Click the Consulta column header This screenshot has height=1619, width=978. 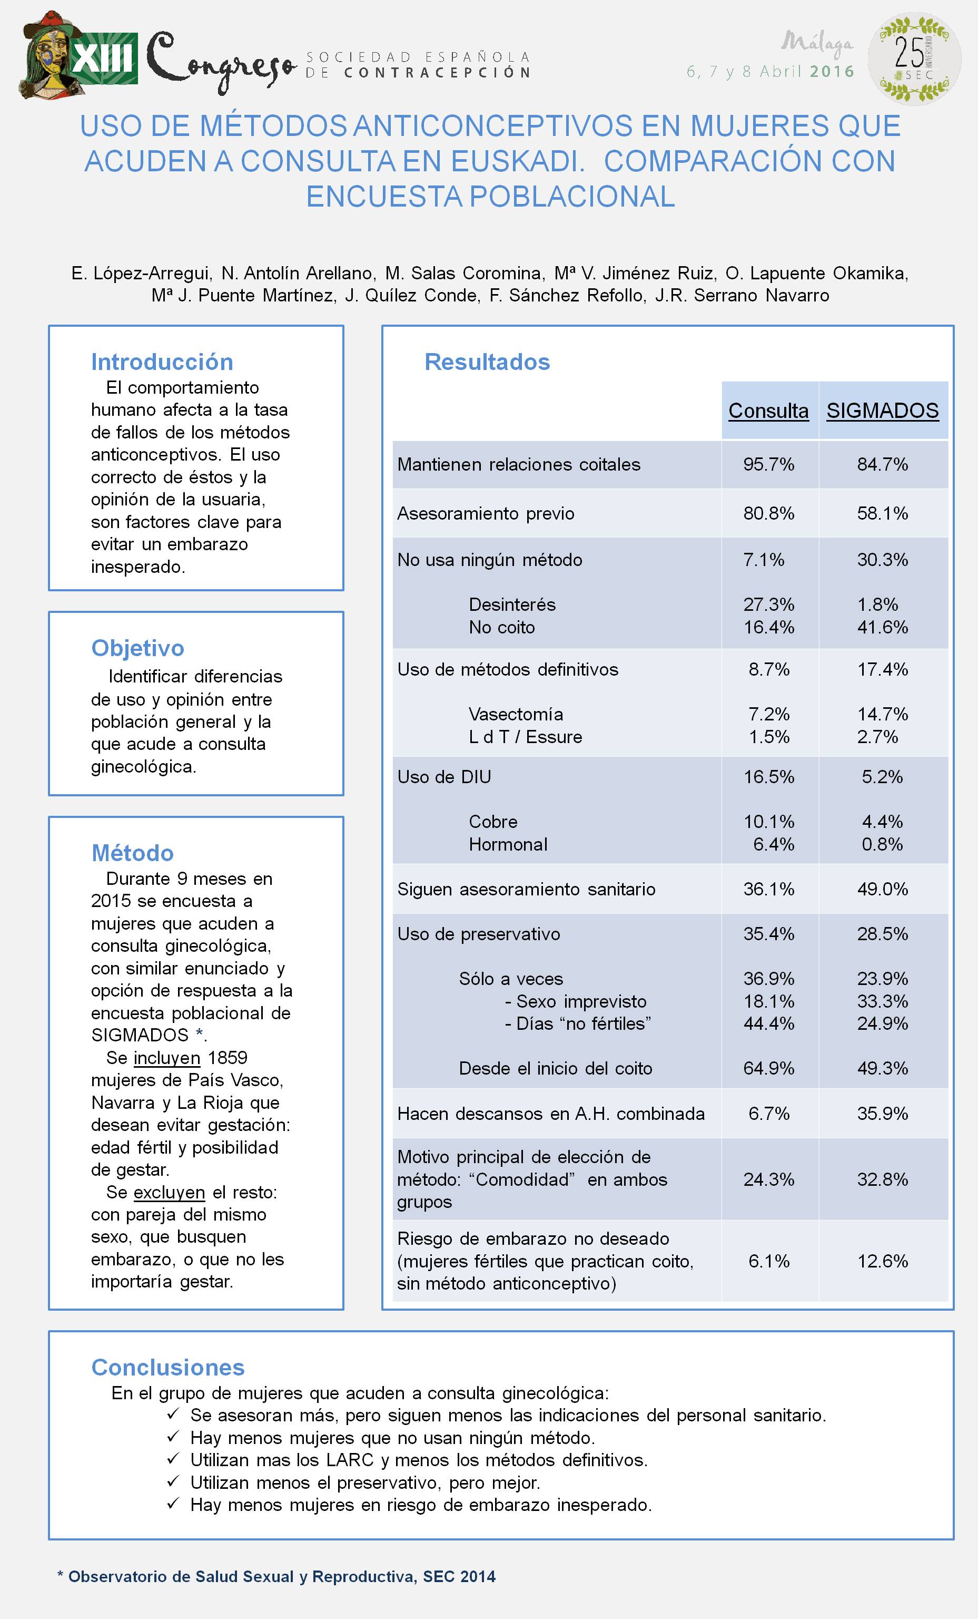768,411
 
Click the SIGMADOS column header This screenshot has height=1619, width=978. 882,411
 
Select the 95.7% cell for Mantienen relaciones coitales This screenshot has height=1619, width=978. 768,464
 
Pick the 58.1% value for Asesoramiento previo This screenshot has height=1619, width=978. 882,513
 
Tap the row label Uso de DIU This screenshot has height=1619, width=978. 444,777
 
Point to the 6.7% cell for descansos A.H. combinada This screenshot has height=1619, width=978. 768,1114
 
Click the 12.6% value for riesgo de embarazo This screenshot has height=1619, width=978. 882,1261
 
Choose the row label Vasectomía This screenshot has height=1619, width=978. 516,714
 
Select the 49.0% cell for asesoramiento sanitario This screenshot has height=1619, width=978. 882,889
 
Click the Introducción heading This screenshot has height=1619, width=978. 162,362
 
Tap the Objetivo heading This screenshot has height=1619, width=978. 138,648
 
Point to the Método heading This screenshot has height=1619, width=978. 133,853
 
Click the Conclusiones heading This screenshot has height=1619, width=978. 168,1367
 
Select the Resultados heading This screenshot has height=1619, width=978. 487,362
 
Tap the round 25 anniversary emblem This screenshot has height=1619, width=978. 914,58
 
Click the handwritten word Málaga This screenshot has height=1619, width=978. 817,43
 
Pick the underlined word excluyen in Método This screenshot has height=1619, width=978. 170,1193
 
